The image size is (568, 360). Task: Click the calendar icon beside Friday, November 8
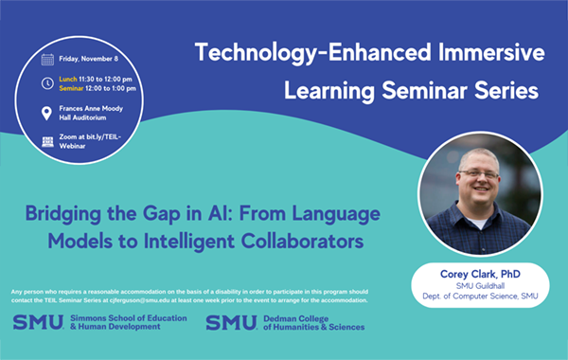(47, 59)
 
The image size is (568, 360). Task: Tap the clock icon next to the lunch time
(47, 83)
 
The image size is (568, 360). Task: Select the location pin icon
(47, 114)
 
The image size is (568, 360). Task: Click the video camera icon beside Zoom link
(47, 141)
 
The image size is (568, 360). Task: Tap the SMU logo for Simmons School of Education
(38, 322)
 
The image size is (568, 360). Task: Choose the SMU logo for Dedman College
(230, 322)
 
